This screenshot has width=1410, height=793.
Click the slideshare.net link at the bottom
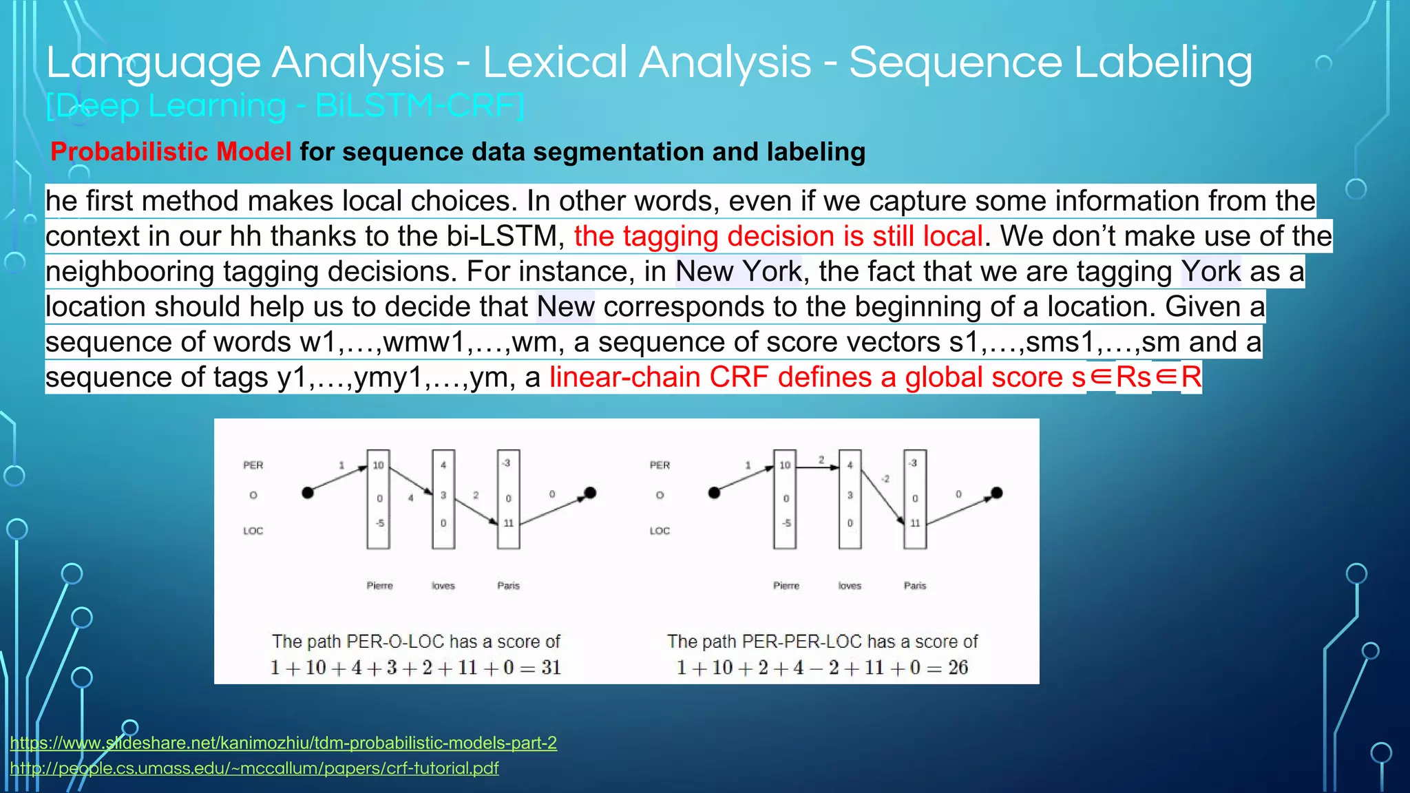(283, 743)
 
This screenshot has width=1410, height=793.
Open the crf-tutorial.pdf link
(254, 768)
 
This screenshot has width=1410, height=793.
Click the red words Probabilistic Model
(171, 151)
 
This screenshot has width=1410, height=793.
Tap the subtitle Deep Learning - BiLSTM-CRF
(285, 106)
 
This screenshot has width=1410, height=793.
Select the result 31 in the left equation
(551, 667)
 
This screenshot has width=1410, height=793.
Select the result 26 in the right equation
(958, 667)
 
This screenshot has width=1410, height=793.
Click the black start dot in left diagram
(308, 492)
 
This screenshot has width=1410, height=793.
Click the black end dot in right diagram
(996, 492)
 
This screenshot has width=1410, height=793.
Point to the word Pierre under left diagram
(379, 586)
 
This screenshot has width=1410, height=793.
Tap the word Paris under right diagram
(914, 586)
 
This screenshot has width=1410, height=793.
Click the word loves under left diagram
(443, 586)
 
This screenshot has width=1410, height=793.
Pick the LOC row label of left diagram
(253, 531)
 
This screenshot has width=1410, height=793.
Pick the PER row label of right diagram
(659, 465)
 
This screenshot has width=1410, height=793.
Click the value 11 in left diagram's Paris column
(508, 523)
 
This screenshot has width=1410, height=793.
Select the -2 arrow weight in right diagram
(885, 478)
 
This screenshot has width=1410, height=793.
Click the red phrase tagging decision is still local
(778, 236)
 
